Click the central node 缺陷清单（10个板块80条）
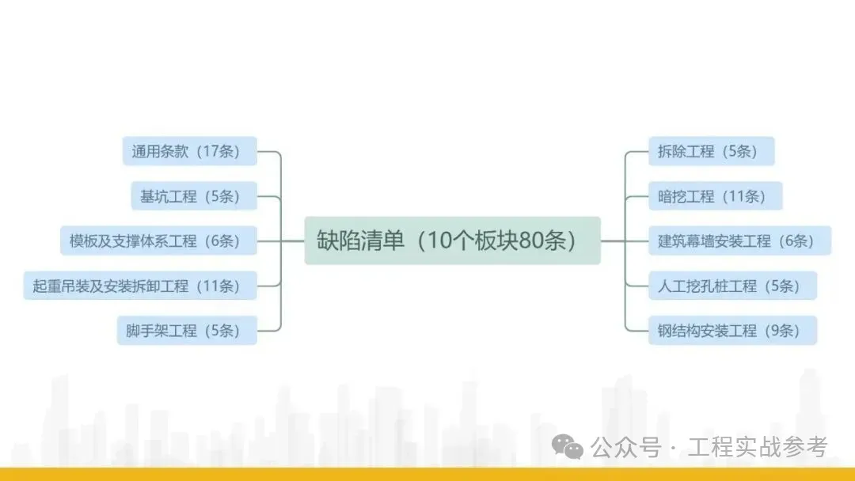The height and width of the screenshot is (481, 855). tap(452, 240)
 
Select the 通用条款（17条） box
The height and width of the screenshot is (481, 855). tap(190, 151)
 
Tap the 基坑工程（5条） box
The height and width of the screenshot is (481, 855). tap(194, 196)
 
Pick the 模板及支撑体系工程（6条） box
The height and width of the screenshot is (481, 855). tap(158, 240)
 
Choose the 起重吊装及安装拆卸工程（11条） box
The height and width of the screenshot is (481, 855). tap(140, 286)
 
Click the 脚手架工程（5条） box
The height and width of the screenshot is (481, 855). tap(187, 331)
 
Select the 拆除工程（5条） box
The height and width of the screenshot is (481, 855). tap(711, 151)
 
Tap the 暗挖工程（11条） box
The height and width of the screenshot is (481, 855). tap(715, 196)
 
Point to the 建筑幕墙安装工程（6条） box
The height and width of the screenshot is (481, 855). tap(739, 241)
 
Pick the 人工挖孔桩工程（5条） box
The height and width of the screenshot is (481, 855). tap(732, 286)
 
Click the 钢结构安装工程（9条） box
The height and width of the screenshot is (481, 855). tap(732, 331)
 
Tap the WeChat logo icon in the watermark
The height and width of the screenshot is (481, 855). tap(568, 448)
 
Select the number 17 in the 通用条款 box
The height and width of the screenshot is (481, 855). tap(211, 151)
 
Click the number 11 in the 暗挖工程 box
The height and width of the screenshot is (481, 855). tap(736, 196)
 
